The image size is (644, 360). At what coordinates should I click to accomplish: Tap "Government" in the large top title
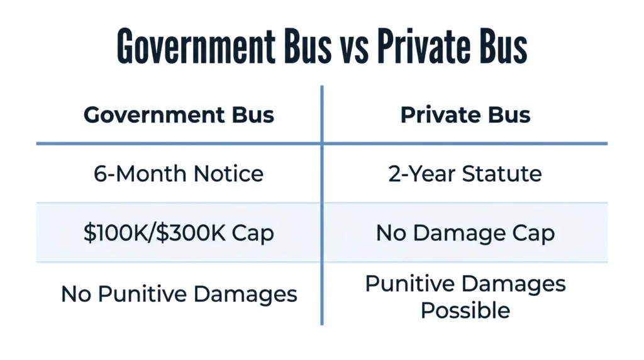click(196, 46)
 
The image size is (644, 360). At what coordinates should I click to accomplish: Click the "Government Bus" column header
click(179, 115)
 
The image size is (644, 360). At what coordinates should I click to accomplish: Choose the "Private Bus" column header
click(465, 115)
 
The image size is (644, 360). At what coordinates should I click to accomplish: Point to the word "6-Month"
click(141, 174)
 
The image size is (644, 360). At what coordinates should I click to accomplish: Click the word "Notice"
click(228, 174)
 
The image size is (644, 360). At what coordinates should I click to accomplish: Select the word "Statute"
click(502, 174)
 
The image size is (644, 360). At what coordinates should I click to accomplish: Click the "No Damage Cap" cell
click(465, 233)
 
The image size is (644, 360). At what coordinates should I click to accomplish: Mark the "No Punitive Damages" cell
click(179, 294)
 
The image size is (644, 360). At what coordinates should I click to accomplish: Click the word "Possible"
click(465, 310)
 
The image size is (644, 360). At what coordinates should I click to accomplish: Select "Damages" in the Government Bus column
click(245, 295)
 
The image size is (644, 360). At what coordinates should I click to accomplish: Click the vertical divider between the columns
click(322, 205)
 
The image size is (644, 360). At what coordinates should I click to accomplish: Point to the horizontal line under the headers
click(322, 143)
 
